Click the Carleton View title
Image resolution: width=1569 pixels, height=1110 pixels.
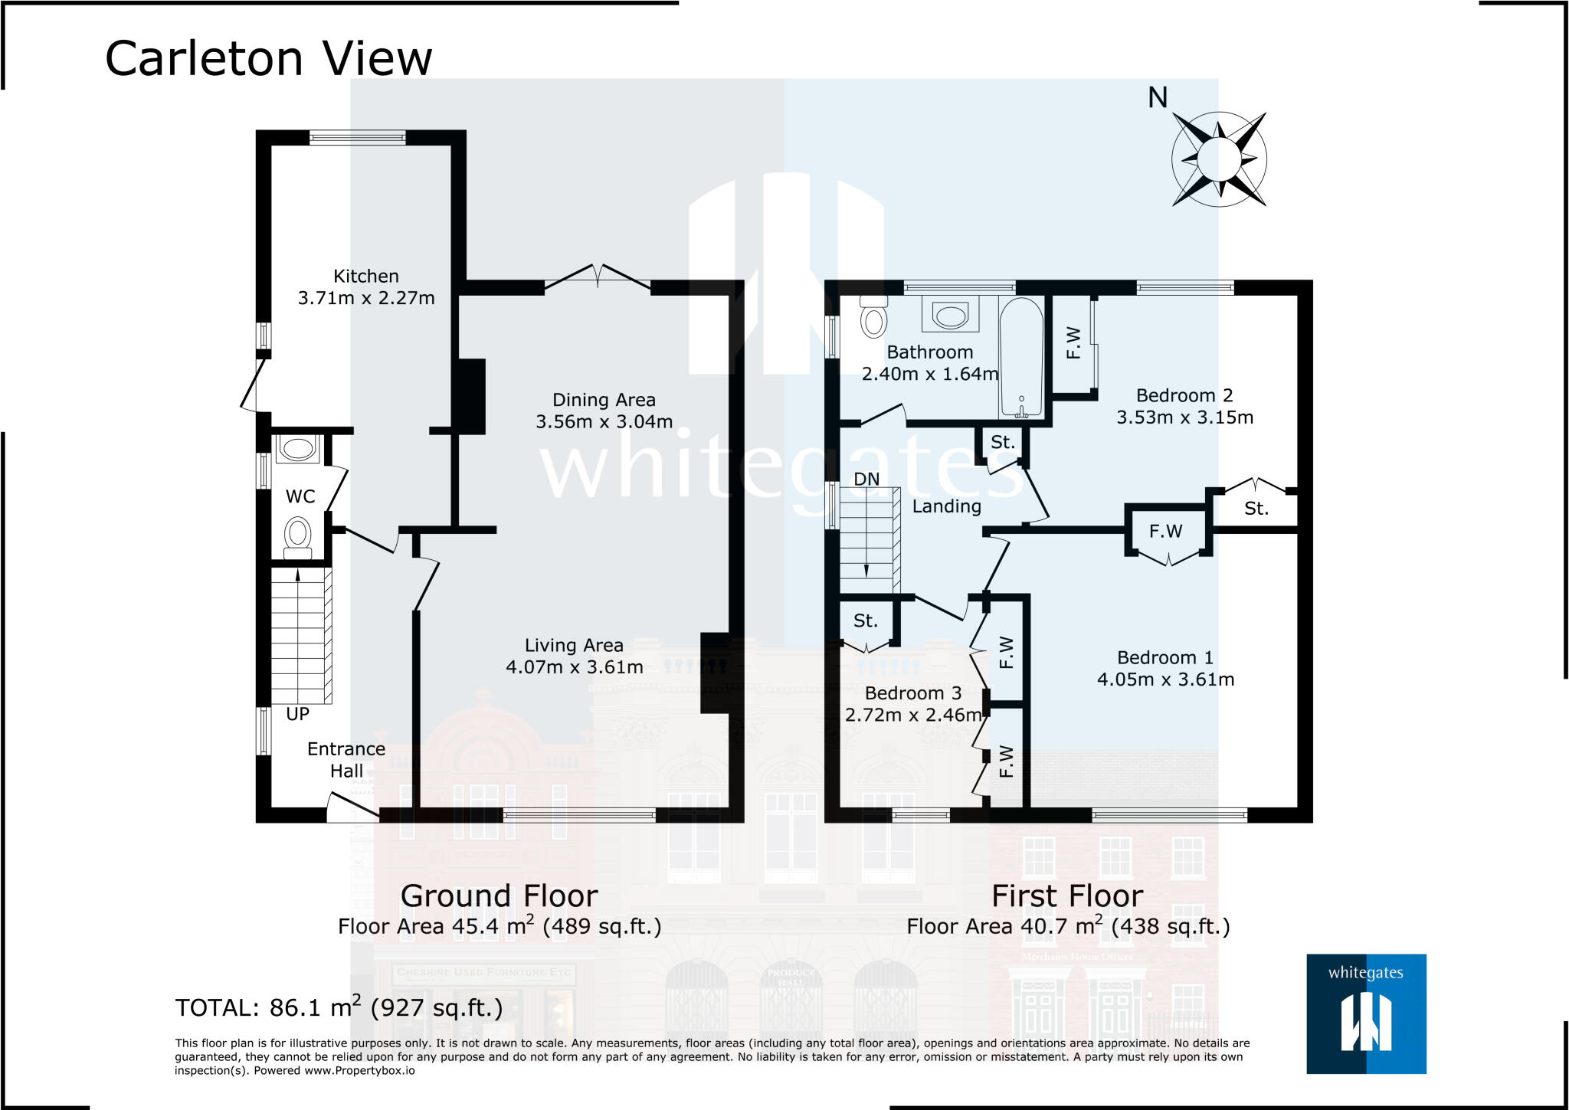pos(268,58)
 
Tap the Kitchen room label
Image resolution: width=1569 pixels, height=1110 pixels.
pos(365,277)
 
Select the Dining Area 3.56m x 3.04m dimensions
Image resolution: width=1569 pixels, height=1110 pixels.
pos(604,422)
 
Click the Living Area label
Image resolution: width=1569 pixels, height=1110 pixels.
pos(574,646)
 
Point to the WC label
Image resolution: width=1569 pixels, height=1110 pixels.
pos(300,496)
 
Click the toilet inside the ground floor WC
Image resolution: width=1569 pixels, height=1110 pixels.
pos(297,535)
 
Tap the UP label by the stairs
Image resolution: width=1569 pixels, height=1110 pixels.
pos(297,714)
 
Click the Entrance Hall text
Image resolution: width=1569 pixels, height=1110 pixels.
pos(346,760)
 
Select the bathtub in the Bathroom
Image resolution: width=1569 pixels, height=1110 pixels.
pos(1020,356)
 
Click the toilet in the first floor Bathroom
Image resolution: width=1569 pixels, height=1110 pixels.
pos(873,317)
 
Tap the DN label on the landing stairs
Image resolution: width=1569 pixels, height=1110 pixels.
pos(866,480)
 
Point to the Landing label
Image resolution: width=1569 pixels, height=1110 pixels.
pos(946,506)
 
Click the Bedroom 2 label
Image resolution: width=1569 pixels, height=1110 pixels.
pos(1184,396)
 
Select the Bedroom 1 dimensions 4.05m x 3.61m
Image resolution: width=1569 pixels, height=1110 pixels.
pos(1165,679)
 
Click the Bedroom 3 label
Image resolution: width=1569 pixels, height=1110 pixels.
pos(912,693)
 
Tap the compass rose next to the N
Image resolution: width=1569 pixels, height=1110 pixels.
pos(1218,159)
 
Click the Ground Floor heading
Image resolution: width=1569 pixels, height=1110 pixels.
pos(499,896)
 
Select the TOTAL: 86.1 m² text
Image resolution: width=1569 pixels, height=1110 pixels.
pos(339,1007)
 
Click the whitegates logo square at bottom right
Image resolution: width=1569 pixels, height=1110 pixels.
pos(1366,1013)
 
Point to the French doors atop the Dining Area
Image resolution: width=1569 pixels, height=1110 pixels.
pos(598,279)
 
